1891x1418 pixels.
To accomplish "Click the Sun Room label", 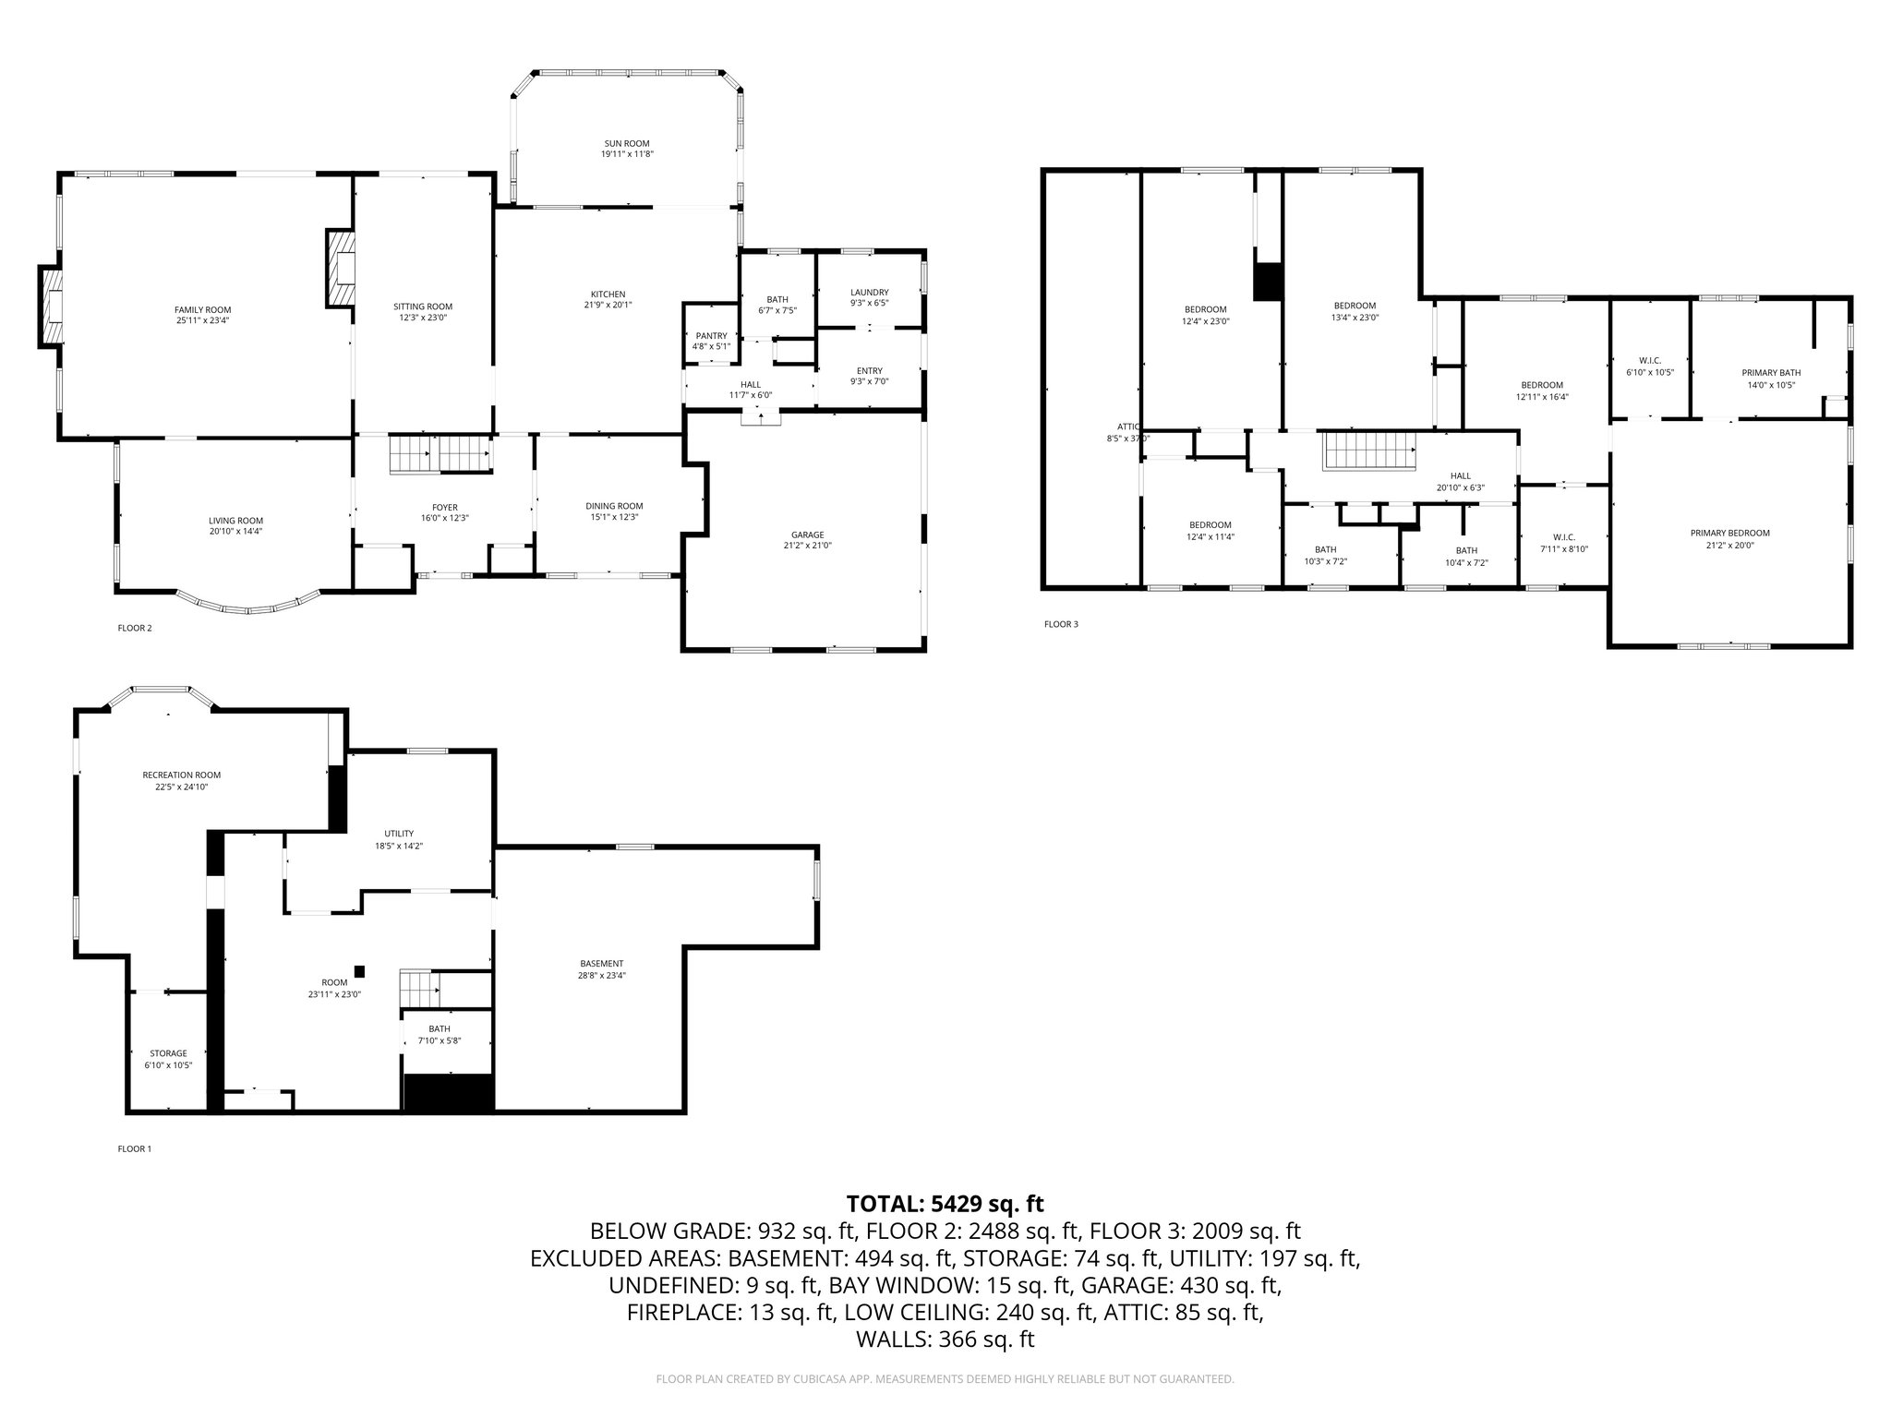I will [627, 144].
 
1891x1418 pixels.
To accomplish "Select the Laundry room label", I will [869, 293].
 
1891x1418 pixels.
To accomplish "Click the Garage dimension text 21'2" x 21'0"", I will [807, 546].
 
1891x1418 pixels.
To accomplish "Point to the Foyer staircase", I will [439, 455].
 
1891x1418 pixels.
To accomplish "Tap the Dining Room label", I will [614, 506].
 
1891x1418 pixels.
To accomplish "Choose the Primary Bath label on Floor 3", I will [1771, 373].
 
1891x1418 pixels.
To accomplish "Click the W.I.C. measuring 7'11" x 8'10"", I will [1563, 543].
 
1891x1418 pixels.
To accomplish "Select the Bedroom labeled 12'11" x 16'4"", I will [1542, 391].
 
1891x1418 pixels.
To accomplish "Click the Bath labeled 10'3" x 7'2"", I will [1325, 555].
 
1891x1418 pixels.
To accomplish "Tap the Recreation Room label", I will [181, 775].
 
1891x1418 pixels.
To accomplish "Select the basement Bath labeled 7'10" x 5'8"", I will [440, 1034].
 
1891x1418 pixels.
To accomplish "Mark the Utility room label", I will [399, 834].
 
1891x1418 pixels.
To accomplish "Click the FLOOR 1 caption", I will [134, 1149].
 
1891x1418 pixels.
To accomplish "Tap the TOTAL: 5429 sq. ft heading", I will [945, 1204].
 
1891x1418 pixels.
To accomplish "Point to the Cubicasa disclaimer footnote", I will [945, 1379].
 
